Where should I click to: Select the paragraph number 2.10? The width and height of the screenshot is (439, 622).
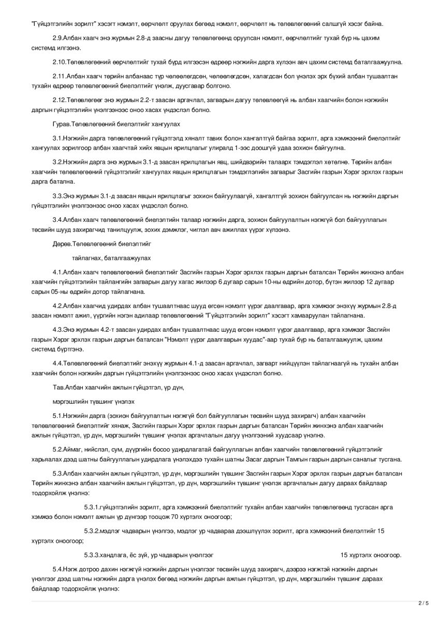click(x=59, y=62)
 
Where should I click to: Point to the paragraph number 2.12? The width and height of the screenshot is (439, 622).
click(x=59, y=100)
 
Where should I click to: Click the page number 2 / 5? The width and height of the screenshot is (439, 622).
click(x=423, y=603)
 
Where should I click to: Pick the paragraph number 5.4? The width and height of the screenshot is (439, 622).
click(x=57, y=569)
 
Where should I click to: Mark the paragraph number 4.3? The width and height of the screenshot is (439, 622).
click(x=57, y=330)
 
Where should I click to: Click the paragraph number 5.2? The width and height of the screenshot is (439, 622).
click(x=57, y=449)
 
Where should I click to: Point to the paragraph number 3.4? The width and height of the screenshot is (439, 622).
click(x=57, y=220)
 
